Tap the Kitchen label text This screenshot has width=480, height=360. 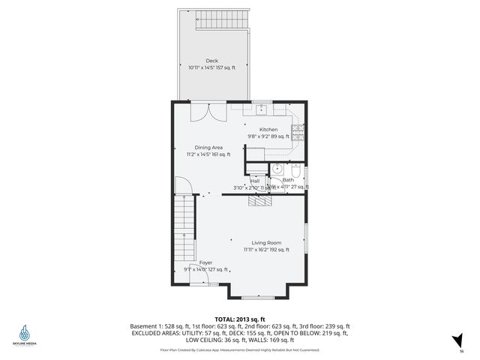click(268, 130)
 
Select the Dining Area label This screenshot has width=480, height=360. click(208, 148)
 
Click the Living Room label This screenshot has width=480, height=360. click(265, 243)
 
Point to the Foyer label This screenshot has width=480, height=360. click(205, 262)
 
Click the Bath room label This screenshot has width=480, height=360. click(288, 180)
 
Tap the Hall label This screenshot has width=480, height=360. click(255, 181)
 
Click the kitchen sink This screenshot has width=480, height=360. click(262, 109)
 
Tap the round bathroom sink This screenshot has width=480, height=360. click(276, 168)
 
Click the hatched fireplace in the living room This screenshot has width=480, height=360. click(259, 201)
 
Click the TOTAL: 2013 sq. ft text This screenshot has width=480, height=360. click(240, 319)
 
